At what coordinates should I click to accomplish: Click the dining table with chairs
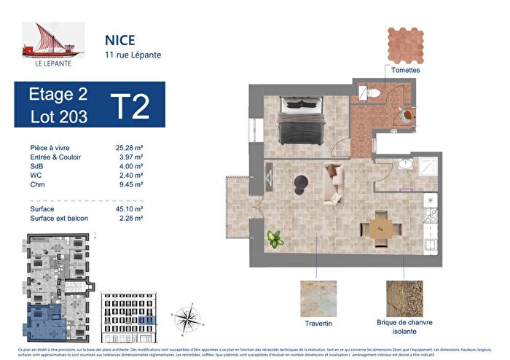pos(379,227)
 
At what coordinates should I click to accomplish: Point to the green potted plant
pos(274,238)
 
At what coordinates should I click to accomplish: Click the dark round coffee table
pos(299,182)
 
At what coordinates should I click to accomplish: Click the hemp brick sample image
pos(404,299)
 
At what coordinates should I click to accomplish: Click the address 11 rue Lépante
pos(129,55)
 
